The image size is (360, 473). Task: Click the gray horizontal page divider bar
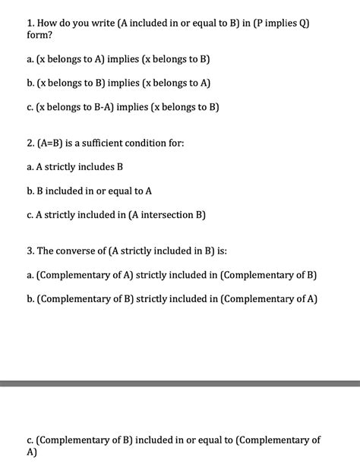(x=180, y=384)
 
